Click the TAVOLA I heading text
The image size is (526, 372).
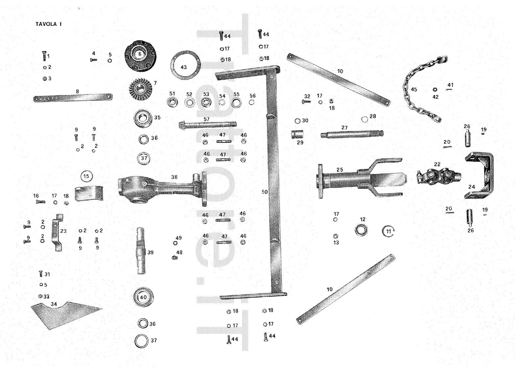click(49, 24)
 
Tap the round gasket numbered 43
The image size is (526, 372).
click(185, 65)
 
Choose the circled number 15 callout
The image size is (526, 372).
click(86, 176)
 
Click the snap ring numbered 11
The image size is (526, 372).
click(388, 231)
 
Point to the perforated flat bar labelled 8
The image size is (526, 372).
click(73, 97)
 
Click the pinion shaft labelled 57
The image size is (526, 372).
click(207, 125)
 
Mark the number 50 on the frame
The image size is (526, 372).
click(265, 192)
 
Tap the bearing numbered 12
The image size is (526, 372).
click(361, 230)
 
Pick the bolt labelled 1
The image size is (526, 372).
click(44, 57)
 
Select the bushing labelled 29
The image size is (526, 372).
click(297, 135)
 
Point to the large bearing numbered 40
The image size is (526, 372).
click(143, 297)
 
